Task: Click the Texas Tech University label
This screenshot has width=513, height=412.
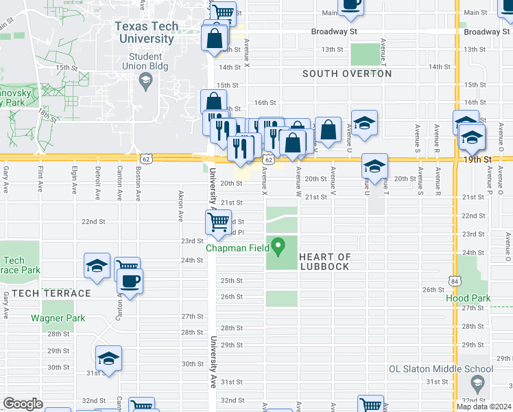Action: point(146,32)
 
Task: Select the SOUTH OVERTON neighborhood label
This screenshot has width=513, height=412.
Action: point(347,73)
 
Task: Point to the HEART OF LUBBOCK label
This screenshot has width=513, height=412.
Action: point(326,262)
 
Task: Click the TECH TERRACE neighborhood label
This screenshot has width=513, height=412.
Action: point(46,293)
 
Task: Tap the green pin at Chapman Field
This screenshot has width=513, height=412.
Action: point(278,244)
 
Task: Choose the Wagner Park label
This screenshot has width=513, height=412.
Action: point(58,318)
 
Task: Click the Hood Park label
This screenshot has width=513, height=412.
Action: point(468,299)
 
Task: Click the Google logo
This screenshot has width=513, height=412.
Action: point(23,404)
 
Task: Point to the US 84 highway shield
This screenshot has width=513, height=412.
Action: point(455,282)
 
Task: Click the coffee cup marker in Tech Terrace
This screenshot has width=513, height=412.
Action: point(130,280)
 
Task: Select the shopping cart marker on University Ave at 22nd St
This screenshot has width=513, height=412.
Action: point(218,221)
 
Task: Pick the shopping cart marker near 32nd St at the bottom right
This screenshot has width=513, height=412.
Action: point(370,405)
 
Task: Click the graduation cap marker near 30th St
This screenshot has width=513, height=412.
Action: point(108,359)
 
